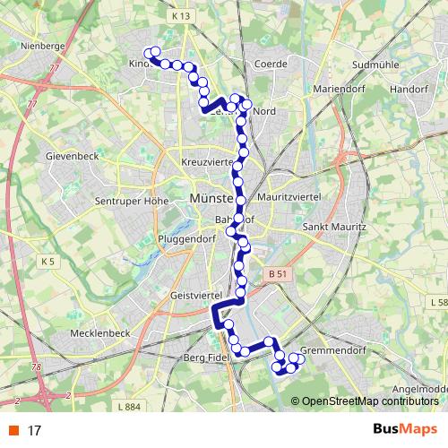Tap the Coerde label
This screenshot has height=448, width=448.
270,65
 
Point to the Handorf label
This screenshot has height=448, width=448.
409,90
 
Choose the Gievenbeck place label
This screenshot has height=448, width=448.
70,155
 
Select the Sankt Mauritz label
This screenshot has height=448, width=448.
335,228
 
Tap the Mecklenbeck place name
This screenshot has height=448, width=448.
100,332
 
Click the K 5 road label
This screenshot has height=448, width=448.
47,261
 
